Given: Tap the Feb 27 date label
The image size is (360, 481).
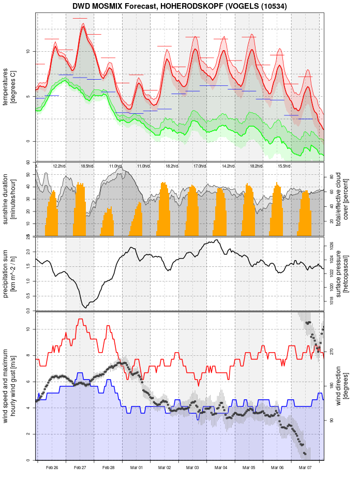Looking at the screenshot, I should click(80, 468).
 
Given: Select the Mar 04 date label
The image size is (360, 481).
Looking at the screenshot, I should click(221, 468).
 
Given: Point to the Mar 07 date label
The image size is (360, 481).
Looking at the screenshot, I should click(305, 468).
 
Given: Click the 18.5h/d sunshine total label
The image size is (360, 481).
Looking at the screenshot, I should click(87, 166).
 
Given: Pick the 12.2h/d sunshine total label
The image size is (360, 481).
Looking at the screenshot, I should click(59, 166).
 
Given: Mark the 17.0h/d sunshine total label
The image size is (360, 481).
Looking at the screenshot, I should click(200, 166).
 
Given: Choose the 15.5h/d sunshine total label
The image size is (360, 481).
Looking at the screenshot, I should click(284, 166).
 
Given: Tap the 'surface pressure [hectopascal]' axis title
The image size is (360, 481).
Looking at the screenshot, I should click(346, 273).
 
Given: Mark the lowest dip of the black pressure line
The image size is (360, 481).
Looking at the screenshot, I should click(85, 307).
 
